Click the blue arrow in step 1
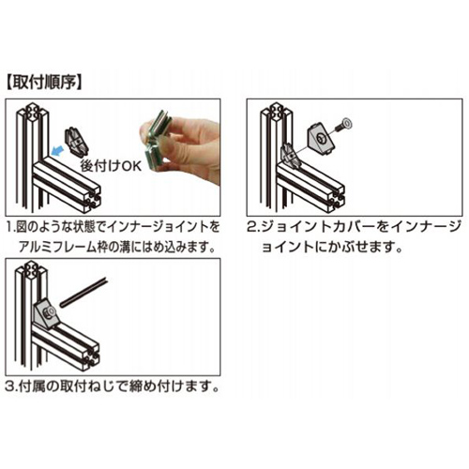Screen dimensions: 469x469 61,147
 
